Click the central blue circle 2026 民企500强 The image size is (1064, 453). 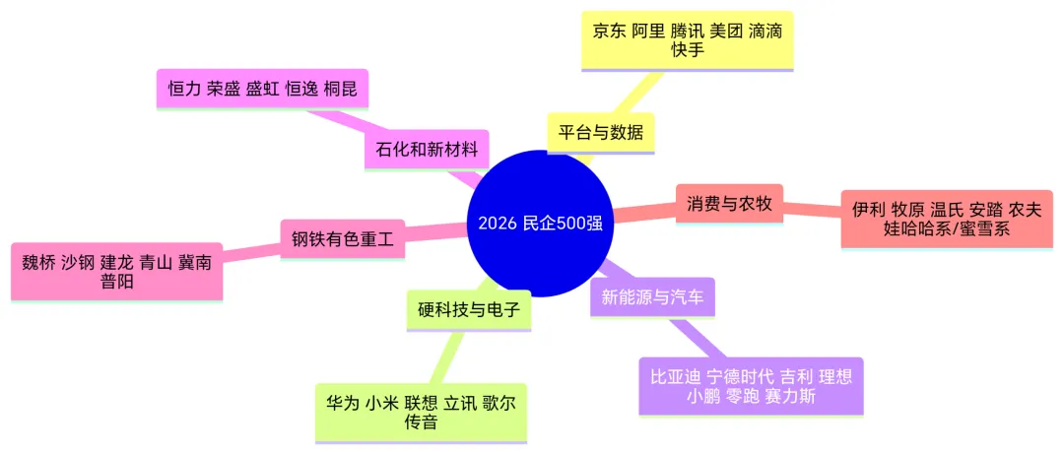click(540, 224)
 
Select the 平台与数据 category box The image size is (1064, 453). click(601, 132)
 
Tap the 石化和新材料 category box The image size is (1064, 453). click(427, 150)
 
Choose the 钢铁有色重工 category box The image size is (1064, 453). click(343, 238)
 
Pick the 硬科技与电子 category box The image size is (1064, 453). click(469, 310)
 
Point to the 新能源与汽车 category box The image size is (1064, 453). click(652, 297)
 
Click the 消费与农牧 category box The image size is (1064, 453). click(729, 204)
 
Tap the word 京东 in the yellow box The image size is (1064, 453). click(607, 32)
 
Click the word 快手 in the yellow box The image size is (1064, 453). click(688, 49)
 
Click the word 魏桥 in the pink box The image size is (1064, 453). click(38, 263)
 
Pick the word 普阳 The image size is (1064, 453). click(116, 281)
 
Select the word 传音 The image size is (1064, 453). click(420, 421)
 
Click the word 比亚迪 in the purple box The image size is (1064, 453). click(675, 377)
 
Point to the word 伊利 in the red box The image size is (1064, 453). click(868, 210)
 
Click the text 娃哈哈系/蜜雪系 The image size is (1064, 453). click(947, 228)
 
